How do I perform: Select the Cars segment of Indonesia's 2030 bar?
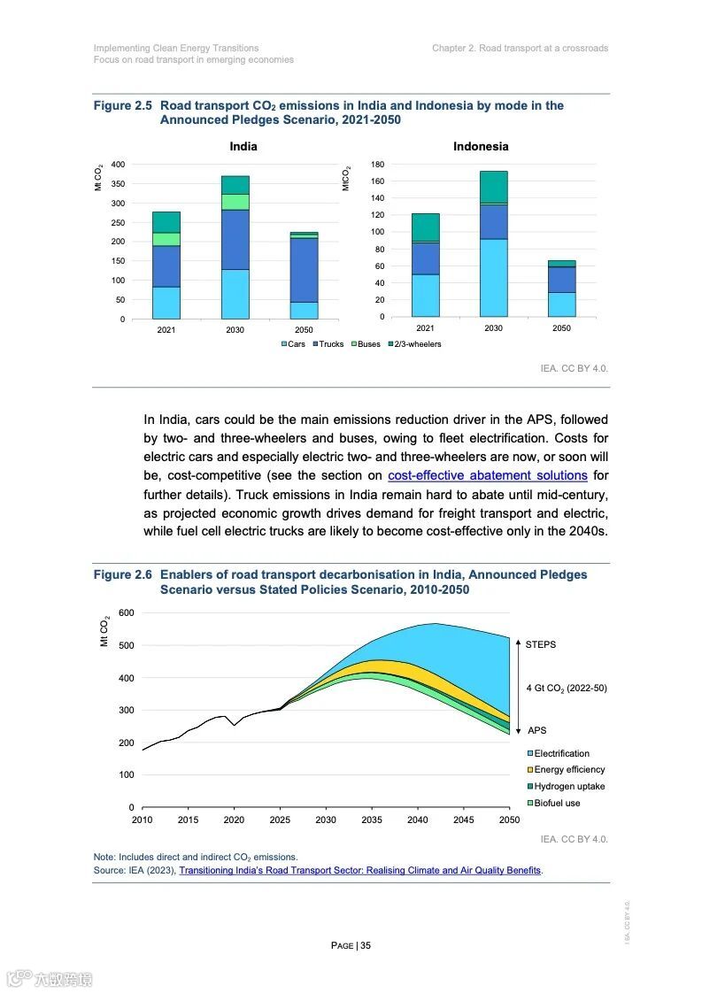click(493, 278)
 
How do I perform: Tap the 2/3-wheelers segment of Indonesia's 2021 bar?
click(425, 227)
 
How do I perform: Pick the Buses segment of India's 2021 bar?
click(166, 239)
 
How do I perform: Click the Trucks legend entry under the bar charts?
click(328, 344)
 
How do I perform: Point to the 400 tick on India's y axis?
click(118, 165)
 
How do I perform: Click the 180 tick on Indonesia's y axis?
click(377, 165)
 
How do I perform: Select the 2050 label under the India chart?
click(304, 329)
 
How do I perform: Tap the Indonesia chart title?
click(481, 146)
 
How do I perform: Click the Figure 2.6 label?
click(124, 574)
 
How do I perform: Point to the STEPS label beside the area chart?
click(541, 644)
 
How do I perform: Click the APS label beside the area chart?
click(537, 730)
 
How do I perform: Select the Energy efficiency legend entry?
click(569, 770)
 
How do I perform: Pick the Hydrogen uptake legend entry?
click(569, 787)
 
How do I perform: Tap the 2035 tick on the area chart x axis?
click(372, 820)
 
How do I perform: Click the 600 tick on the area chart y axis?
click(126, 613)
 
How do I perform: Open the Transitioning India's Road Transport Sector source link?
click(360, 870)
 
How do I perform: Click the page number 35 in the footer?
click(365, 945)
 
